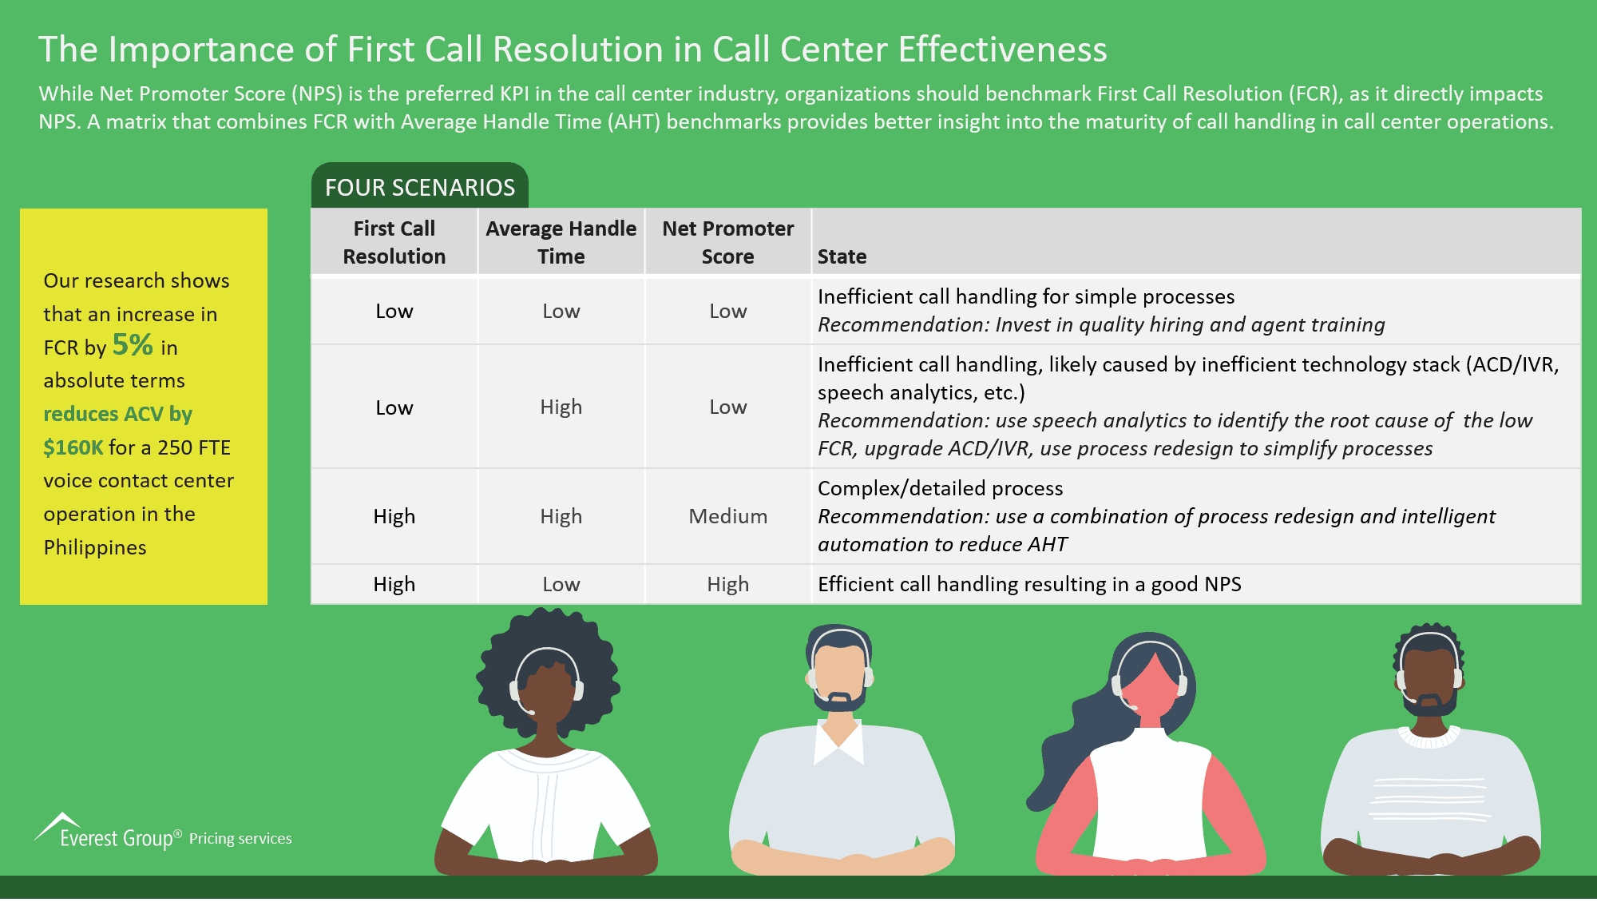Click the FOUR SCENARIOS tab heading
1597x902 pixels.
pos(420,188)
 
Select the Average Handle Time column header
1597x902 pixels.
pos(561,242)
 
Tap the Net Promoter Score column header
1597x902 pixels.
pos(727,242)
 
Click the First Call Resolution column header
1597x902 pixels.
pos(394,242)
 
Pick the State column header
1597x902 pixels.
pos(842,256)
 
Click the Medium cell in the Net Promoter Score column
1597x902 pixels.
pos(727,516)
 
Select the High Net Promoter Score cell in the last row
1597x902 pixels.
pos(727,584)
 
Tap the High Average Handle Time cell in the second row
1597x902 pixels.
pos(561,407)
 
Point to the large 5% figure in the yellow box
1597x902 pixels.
pos(133,345)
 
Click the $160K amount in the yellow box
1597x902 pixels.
pos(73,447)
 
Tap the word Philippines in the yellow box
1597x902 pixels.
pos(95,547)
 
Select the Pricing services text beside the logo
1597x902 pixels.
pos(240,838)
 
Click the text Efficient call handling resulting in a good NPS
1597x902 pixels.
pos(1029,584)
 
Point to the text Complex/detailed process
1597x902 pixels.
pos(940,488)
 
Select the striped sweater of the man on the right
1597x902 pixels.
pos(1429,799)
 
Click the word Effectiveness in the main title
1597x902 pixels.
pos(1002,50)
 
